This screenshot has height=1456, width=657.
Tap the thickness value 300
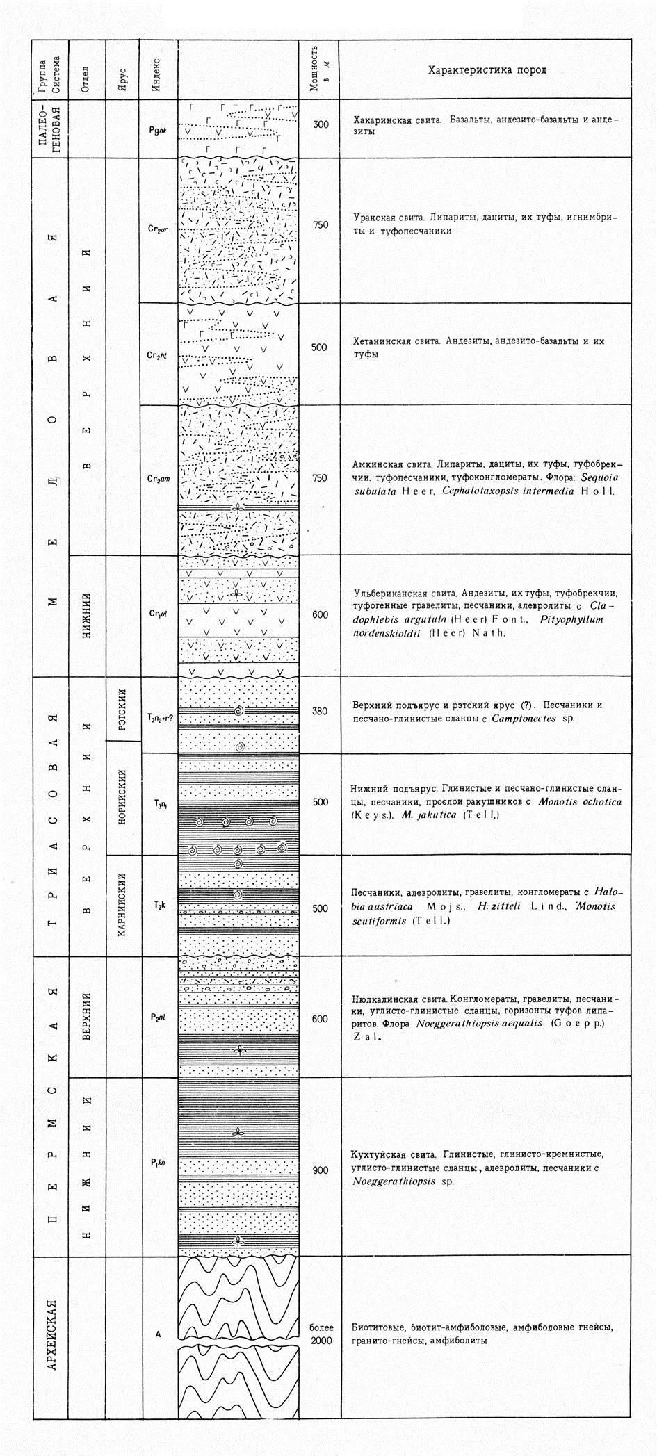[321, 126]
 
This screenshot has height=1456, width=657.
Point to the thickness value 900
[321, 1170]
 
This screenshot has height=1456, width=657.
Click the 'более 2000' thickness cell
[321, 1334]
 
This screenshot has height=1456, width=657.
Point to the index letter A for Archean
[159, 1334]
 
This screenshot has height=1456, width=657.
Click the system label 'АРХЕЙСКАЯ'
[51, 1332]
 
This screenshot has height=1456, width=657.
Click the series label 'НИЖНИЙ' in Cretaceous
[86, 614]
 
